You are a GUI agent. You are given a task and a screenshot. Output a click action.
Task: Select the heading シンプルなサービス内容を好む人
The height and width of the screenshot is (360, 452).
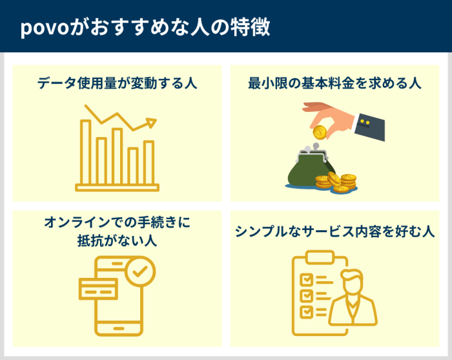[x=334, y=231]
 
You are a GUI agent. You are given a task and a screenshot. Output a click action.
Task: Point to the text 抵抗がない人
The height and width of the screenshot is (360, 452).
[x=117, y=240]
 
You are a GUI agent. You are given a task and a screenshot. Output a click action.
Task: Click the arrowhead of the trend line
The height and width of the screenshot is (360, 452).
[x=152, y=121]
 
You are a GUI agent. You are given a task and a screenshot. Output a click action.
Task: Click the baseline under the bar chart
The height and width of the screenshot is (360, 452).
[x=117, y=188]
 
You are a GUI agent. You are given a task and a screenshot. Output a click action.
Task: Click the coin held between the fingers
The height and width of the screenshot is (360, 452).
[x=318, y=132]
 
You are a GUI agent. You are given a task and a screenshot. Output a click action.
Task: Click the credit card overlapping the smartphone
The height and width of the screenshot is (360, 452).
[x=98, y=286]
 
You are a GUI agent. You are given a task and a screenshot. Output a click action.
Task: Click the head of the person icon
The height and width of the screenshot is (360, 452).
[x=353, y=285]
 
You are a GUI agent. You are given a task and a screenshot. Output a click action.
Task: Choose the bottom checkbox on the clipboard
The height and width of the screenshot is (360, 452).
[x=307, y=310]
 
